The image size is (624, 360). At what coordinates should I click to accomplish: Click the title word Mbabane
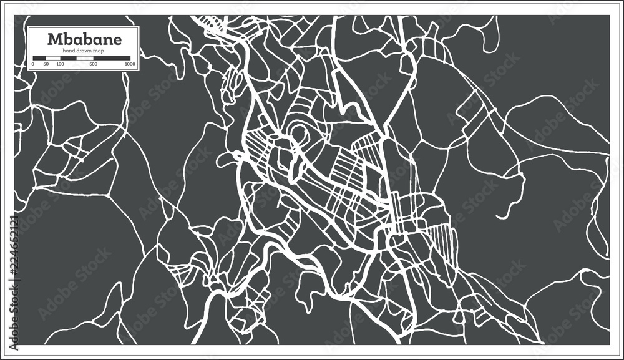[85, 39]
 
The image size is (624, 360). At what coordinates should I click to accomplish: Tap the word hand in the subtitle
[67, 50]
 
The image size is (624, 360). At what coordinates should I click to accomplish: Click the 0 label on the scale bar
[32, 64]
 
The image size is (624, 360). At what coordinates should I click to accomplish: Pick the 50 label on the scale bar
[46, 64]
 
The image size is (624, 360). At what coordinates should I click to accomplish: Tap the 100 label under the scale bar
[60, 64]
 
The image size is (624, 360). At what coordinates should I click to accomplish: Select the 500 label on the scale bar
[93, 64]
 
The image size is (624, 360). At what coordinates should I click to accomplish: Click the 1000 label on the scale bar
[130, 64]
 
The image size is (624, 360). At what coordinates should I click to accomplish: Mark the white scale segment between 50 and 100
[53, 58]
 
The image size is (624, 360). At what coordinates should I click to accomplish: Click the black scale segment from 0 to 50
[39, 58]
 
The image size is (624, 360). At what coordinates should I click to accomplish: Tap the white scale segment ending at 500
[84, 58]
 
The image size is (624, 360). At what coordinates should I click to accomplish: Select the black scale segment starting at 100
[67, 58]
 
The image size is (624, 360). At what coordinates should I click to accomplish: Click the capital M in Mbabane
[54, 39]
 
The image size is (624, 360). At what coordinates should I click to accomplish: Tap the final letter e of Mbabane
[116, 39]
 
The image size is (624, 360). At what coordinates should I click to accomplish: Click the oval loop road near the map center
[298, 133]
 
